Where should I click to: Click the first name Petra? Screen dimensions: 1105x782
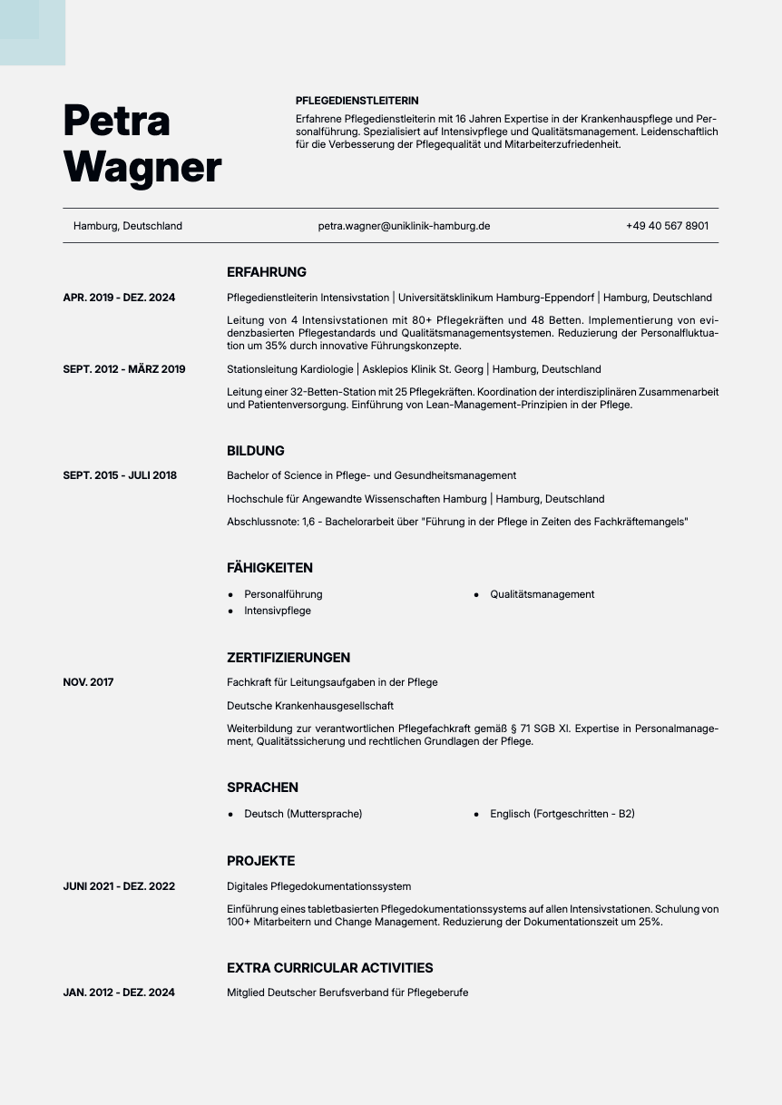[117, 120]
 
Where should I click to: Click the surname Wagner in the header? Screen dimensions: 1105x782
[142, 167]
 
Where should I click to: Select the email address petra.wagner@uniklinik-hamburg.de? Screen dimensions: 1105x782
[404, 226]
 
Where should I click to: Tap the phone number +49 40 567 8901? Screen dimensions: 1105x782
[667, 226]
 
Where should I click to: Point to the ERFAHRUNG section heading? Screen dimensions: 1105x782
[267, 272]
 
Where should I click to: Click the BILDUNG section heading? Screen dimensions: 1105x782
[256, 451]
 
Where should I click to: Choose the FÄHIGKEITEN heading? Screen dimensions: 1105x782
[269, 568]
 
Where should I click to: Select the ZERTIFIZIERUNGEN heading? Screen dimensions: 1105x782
[288, 658]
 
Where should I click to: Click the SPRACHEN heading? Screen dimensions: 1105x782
[262, 787]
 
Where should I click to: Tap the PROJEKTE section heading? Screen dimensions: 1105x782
[260, 861]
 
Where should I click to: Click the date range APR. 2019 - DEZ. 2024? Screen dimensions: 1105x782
[119, 298]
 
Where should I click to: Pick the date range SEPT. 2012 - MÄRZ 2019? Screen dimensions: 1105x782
[124, 369]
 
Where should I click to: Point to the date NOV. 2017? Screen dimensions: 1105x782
[88, 682]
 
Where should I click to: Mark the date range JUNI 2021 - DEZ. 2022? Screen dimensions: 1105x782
[119, 886]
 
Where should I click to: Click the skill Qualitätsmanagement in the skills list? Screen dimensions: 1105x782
[542, 594]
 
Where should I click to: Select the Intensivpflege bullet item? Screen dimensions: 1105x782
[277, 611]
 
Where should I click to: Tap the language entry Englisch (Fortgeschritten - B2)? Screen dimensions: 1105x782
[562, 814]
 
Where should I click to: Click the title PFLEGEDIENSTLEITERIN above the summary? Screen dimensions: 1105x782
[357, 101]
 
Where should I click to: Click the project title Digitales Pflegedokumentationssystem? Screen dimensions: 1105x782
[318, 886]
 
